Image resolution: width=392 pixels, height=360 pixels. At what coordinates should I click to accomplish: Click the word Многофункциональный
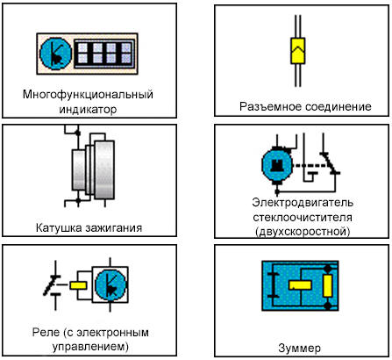point(88,95)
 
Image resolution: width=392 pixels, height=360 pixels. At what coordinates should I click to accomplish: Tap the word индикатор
point(88,110)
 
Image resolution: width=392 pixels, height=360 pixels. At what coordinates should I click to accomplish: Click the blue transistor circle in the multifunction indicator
point(55,54)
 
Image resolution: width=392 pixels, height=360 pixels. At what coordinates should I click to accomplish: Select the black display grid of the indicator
point(104,54)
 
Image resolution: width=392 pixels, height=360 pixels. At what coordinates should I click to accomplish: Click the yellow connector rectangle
point(297,51)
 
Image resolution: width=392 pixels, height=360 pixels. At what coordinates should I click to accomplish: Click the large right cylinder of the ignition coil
point(104,169)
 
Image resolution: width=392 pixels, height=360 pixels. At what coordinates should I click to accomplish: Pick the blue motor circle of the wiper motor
point(277,165)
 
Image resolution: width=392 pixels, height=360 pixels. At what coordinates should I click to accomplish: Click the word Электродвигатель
point(303,203)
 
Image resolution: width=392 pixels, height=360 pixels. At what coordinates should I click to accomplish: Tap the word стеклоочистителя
point(303,218)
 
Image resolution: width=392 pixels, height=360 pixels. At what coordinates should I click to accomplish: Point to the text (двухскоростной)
point(303,232)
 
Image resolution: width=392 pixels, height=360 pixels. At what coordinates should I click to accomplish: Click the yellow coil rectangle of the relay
point(78,284)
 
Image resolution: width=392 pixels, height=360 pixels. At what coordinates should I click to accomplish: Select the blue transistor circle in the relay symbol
point(110,284)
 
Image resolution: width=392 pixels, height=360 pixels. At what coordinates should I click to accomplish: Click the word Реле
point(46,332)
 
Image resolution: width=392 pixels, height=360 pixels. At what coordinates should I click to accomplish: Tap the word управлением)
point(90,347)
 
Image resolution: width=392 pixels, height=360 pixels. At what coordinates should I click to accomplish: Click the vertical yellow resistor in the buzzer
point(327,286)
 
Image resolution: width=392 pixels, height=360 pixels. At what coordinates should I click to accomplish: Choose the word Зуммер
point(300,349)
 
